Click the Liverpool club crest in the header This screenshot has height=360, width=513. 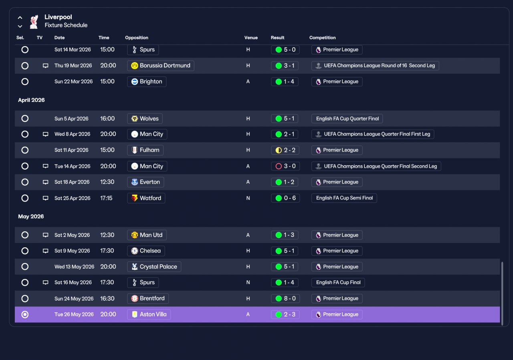[x=34, y=22]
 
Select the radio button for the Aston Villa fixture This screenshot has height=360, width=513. [x=25, y=314]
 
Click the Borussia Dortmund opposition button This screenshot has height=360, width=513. [x=161, y=65]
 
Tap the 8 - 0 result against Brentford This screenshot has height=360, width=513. [x=285, y=298]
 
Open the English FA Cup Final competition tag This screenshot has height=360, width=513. [x=338, y=282]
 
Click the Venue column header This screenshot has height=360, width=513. [x=251, y=38]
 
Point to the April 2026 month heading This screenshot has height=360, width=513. [x=31, y=100]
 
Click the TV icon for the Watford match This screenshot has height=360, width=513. [x=46, y=198]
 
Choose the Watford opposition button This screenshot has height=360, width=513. [x=146, y=198]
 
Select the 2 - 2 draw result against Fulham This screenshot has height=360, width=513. [x=285, y=150]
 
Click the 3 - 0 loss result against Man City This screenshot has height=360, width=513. [x=285, y=166]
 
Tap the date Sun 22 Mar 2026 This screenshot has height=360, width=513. [x=73, y=81]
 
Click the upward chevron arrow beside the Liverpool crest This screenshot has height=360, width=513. [x=20, y=18]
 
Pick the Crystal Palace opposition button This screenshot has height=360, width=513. [x=154, y=267]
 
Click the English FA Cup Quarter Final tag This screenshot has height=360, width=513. [x=347, y=119]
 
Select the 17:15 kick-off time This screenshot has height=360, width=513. [x=106, y=198]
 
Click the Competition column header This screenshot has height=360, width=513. [x=323, y=38]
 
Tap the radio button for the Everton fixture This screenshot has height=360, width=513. [x=25, y=182]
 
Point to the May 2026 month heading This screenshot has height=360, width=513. [x=31, y=216]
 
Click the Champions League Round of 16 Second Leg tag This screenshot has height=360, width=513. [x=375, y=65]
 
